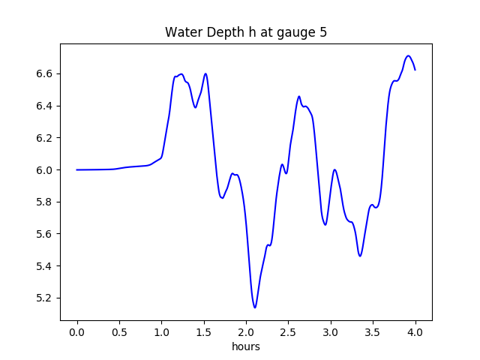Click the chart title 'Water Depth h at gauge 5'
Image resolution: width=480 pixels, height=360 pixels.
(246, 32)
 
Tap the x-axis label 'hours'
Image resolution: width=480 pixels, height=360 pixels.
(246, 347)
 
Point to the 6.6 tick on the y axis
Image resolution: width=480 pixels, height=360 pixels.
(46, 73)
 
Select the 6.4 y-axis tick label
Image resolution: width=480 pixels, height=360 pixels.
(46, 106)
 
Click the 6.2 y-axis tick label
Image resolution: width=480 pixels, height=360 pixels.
(46, 138)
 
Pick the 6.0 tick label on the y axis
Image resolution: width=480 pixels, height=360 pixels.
(46, 170)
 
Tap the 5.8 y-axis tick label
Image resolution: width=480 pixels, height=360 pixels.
(46, 202)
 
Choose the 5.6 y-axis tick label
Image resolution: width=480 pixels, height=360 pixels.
(46, 234)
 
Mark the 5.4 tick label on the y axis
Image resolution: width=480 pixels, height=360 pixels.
(46, 266)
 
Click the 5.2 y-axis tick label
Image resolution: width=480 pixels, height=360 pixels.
(46, 298)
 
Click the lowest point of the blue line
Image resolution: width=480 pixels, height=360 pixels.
(255, 307)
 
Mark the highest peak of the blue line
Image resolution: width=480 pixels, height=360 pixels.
(408, 55)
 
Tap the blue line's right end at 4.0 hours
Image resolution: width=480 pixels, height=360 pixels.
(415, 70)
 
